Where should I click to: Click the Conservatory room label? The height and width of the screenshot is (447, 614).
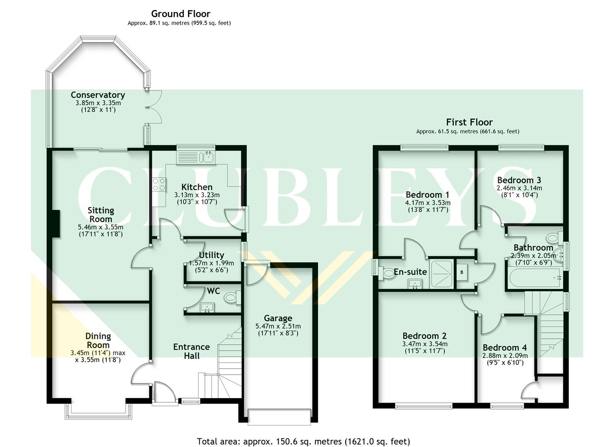click(98, 95)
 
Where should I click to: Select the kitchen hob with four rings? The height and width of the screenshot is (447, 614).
click(159, 184)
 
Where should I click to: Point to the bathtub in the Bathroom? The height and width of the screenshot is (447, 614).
click(534, 278)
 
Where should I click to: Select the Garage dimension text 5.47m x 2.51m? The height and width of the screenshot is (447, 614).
click(278, 326)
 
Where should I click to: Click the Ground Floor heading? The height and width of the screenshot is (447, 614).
click(180, 14)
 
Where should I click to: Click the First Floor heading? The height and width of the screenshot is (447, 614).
click(469, 122)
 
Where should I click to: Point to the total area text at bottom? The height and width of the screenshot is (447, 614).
click(303, 441)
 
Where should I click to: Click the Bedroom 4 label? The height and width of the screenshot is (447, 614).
click(504, 348)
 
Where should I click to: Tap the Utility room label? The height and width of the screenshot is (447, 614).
click(211, 255)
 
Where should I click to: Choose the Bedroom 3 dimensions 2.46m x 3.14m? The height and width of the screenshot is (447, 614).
click(519, 188)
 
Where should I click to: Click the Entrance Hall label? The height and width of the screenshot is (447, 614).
click(191, 351)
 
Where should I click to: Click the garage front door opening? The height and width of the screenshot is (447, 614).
click(279, 416)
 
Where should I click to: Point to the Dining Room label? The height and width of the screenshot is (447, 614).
click(98, 340)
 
